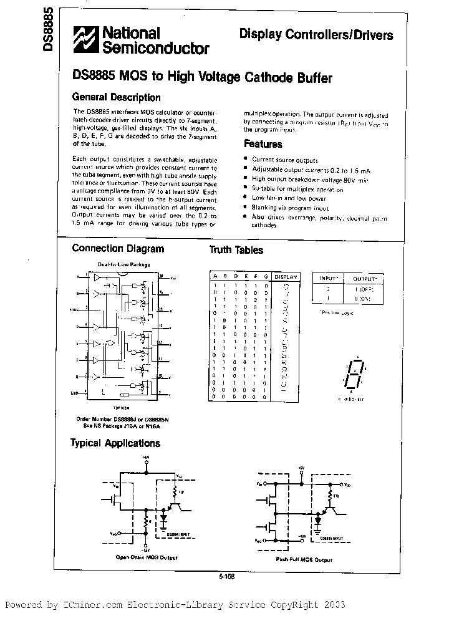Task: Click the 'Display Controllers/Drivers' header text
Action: (316, 35)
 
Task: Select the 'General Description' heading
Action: (116, 97)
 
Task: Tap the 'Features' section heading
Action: (263, 144)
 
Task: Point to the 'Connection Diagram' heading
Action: (118, 249)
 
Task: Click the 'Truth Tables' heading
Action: (236, 250)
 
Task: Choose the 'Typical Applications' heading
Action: (116, 443)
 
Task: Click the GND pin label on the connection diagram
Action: (75, 393)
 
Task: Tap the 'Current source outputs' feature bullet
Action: (284, 160)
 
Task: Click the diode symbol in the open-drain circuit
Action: (165, 518)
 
